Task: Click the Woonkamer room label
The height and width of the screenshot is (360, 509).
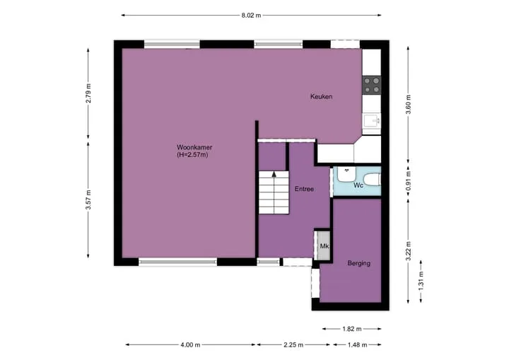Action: (194, 147)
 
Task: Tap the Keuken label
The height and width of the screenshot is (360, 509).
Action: (322, 96)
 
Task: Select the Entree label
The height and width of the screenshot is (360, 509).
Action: (304, 189)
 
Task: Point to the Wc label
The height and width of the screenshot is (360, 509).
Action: (358, 185)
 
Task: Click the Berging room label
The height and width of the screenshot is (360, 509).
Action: (359, 263)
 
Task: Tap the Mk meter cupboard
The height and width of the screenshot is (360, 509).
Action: (323, 246)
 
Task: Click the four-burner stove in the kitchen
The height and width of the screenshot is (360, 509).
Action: (372, 85)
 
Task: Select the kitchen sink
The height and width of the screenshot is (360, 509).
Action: (372, 121)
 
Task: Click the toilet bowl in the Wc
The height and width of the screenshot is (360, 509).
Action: (372, 180)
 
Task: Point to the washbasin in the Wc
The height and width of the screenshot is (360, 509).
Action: (346, 174)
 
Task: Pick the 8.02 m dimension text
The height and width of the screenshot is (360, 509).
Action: (251, 16)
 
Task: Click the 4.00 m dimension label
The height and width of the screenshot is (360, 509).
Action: (190, 344)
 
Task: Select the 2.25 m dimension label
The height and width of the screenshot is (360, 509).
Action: (293, 344)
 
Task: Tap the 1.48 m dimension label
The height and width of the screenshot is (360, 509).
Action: (357, 344)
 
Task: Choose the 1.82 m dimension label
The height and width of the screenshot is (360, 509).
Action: (352, 329)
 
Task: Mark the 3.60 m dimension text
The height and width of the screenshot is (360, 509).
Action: (409, 104)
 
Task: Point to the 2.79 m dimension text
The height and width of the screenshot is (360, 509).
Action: (88, 93)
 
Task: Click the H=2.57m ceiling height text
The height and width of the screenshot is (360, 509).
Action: (192, 155)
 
